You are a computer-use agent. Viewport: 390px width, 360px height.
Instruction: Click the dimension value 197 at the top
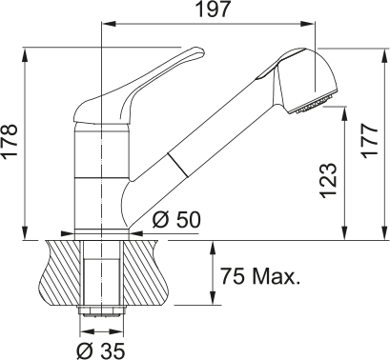[x=213, y=10]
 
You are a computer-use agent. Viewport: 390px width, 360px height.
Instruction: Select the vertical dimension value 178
[x=10, y=141]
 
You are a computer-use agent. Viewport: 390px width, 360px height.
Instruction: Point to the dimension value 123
[x=327, y=180]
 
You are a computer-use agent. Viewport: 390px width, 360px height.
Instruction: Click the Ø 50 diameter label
[x=176, y=220]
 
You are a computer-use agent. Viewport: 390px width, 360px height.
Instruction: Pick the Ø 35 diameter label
[x=101, y=350]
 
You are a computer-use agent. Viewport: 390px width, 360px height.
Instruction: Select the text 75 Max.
[x=260, y=276]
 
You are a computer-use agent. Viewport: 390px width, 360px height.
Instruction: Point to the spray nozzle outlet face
[x=312, y=104]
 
